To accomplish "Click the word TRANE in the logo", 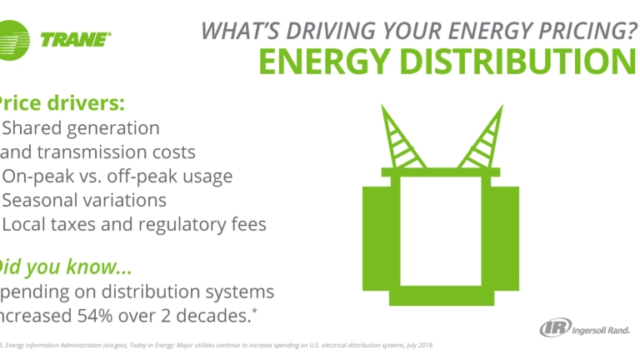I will [x=74, y=37].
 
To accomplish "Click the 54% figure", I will [x=98, y=315].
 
